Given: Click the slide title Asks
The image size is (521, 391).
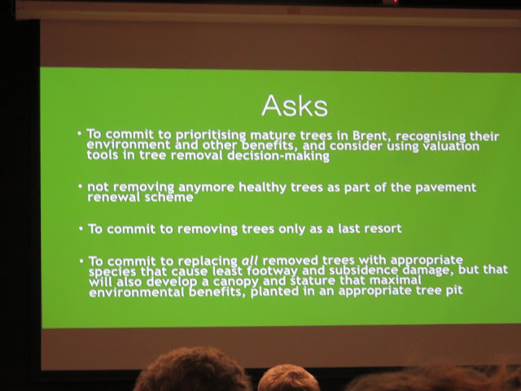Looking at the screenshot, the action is pos(295,105).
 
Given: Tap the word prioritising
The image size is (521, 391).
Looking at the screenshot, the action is pos(211,135).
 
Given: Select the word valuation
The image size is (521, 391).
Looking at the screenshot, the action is pos(450,147).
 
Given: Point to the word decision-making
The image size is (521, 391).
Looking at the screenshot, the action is pos(278,156).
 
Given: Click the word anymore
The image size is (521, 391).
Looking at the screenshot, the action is pos(207,188).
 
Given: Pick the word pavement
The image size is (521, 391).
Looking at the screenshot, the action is pos(445,187).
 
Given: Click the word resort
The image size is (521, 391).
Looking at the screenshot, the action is pos(383,228).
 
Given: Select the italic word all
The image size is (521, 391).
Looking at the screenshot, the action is pos(250,261).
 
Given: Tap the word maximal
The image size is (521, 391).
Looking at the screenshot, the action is pos(396,280).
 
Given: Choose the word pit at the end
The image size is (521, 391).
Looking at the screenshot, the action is pos(454,290).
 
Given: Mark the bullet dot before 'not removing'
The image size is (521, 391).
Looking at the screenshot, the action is pos(81,187).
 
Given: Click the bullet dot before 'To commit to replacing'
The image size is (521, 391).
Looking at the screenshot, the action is pos(81,261).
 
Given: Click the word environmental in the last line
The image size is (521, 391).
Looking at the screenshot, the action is pos(136,292).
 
